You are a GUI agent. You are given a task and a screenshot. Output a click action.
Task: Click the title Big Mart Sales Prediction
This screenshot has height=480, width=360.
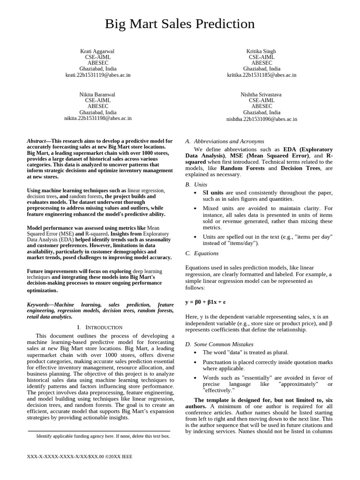pos(180,24)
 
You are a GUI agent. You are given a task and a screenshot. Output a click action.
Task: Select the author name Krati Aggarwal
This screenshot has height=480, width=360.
pos(97,51)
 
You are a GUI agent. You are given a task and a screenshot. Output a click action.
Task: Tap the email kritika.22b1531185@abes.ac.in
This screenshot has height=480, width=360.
pos(262,75)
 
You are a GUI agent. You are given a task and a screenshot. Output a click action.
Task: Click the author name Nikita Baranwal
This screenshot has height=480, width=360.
pos(97,95)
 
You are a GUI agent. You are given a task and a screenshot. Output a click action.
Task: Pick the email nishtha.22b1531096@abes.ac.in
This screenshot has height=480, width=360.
pos(262,119)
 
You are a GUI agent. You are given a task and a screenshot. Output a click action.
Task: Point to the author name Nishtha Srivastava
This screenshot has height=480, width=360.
pos(262,95)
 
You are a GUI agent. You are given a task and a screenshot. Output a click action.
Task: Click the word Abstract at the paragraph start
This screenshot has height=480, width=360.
pos(36,141)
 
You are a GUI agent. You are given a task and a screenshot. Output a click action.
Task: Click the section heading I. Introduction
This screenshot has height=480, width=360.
pos(99,327)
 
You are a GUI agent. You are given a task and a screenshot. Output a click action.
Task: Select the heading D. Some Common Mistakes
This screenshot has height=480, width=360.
pos(219,344)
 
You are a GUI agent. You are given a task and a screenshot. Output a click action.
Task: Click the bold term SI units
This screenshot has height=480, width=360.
pos(213,193)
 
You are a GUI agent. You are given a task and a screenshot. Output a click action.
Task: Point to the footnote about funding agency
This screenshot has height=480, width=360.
pos(103,436)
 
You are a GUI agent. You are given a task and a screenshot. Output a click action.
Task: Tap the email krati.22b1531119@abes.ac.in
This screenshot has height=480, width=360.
pos(98,75)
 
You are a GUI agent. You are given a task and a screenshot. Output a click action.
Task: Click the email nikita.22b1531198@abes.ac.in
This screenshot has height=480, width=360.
pos(98,119)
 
